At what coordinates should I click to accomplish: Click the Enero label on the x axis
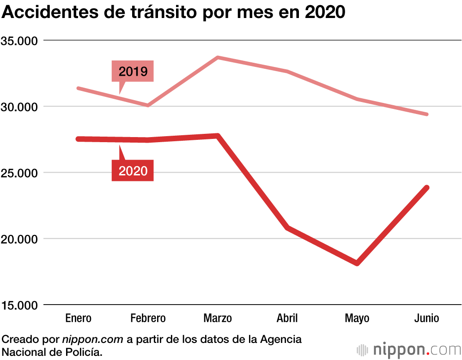79,318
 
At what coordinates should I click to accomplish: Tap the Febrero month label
148,318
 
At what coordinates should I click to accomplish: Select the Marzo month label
218,318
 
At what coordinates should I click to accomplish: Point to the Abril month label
287,318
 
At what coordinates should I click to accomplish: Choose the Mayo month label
357,318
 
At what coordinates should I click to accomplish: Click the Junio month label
426,318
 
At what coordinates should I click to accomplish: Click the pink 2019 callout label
133,72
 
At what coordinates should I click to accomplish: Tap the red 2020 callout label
133,171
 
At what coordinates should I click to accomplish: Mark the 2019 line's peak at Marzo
218,58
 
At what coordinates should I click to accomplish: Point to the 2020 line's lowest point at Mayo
357,263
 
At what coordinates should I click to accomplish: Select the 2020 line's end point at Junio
426,188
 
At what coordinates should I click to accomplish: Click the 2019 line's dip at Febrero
148,105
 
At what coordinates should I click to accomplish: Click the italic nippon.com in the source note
92,340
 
